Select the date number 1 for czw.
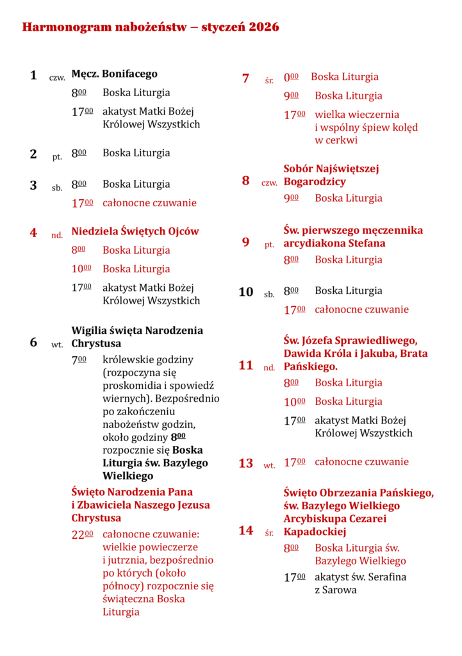33,76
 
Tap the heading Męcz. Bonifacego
114,74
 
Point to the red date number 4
33,233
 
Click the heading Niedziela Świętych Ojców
135,231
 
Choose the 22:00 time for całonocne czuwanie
82,535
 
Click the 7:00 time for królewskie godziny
79,360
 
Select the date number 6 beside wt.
33,342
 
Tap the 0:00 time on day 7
291,77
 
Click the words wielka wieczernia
357,115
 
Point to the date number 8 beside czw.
245,181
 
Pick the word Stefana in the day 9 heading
367,243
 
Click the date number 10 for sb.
246,292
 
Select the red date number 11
246,366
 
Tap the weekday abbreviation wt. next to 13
269,466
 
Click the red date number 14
246,530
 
